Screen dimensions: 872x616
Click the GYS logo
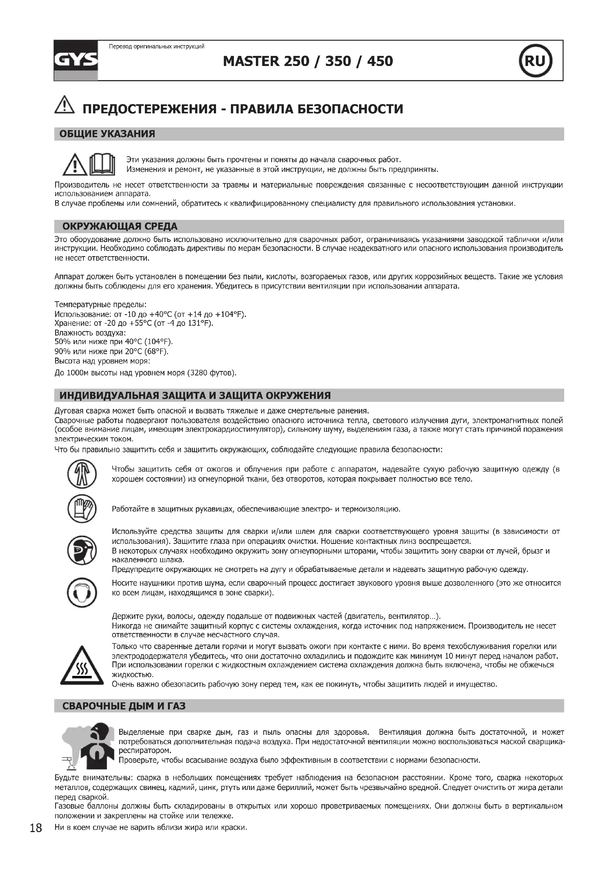pyautogui.click(x=76, y=60)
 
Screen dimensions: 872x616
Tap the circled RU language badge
pyautogui.click(x=535, y=61)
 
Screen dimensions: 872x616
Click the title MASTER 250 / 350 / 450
pyautogui.click(x=308, y=61)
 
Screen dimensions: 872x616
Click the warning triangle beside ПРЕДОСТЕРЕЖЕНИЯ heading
pyautogui.click(x=64, y=105)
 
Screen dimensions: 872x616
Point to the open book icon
pyautogui.click(x=102, y=164)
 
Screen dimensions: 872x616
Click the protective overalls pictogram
pyautogui.click(x=82, y=474)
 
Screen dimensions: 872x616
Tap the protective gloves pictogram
pyautogui.click(x=82, y=509)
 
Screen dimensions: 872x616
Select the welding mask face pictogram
pyautogui.click(x=82, y=551)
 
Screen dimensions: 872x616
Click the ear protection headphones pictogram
pyautogui.click(x=82, y=593)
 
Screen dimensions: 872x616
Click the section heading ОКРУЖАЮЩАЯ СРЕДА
pyautogui.click(x=120, y=226)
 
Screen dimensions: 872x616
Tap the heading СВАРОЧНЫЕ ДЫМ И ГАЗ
pyautogui.click(x=124, y=706)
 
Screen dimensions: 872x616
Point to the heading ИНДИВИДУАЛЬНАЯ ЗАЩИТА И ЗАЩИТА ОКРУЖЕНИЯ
pyautogui.click(x=195, y=395)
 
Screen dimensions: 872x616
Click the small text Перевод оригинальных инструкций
pyautogui.click(x=157, y=47)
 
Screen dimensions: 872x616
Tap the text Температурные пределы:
pyautogui.click(x=101, y=305)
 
